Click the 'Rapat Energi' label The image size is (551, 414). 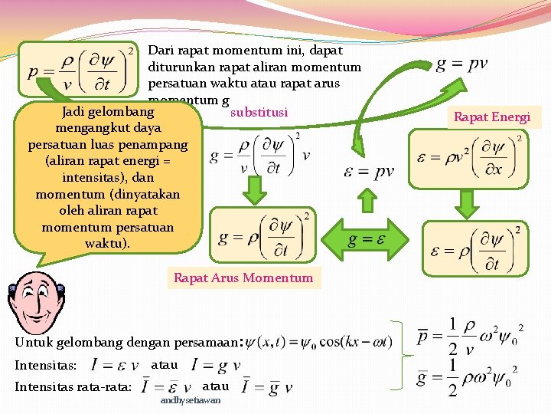(492, 117)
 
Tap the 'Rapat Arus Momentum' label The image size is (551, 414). (243, 278)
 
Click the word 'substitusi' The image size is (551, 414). (259, 113)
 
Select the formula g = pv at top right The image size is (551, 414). (461, 63)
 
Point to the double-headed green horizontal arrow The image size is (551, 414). (367, 238)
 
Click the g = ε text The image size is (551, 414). (367, 239)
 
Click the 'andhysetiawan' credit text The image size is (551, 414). (191, 400)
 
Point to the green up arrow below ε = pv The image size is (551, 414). (368, 201)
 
